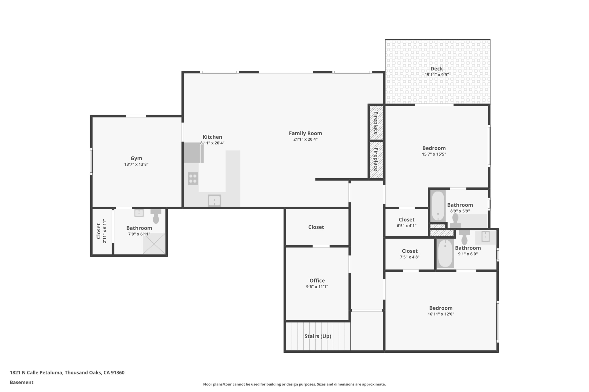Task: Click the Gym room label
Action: click(x=136, y=158)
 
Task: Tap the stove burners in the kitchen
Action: click(x=193, y=178)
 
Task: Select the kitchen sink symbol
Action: click(x=214, y=200)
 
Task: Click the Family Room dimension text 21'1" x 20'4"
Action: click(x=305, y=140)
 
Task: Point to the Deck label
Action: click(x=436, y=69)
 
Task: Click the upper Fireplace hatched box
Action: click(x=376, y=123)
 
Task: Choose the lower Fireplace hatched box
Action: click(x=376, y=159)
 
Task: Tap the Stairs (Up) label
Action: click(x=318, y=336)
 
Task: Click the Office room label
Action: click(x=317, y=281)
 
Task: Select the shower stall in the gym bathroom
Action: click(x=154, y=244)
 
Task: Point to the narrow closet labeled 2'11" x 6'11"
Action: click(x=102, y=231)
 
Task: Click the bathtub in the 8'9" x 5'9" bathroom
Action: click(x=438, y=206)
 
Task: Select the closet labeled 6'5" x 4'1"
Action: click(x=406, y=223)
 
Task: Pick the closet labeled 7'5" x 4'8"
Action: click(x=410, y=254)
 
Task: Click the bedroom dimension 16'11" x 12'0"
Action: click(x=441, y=314)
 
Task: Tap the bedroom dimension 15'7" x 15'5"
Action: click(x=434, y=154)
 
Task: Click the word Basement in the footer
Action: click(x=22, y=383)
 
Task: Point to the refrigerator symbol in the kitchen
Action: click(x=192, y=152)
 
